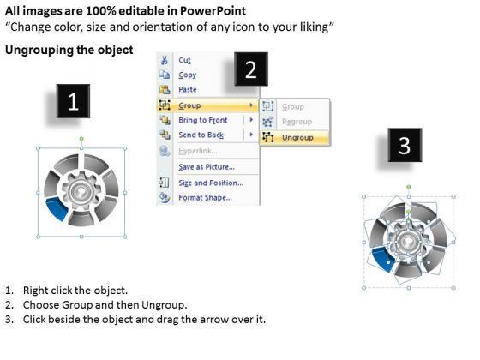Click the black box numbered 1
(x=73, y=101)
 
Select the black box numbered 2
(x=251, y=69)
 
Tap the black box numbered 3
(x=405, y=145)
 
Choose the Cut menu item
(x=184, y=60)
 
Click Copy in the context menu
(x=188, y=75)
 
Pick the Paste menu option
(x=188, y=90)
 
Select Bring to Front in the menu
(x=203, y=120)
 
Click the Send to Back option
(x=201, y=135)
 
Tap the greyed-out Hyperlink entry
(x=198, y=151)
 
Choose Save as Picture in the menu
(x=207, y=167)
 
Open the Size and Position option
(x=211, y=183)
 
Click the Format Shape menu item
(x=205, y=197)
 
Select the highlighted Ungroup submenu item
(x=297, y=137)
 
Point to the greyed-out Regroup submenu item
(x=297, y=122)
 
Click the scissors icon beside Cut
(x=165, y=60)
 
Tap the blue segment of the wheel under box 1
(x=57, y=208)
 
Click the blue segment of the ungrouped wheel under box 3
(x=382, y=259)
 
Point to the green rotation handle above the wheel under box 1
(x=81, y=139)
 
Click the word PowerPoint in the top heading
(x=213, y=11)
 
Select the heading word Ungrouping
(x=39, y=50)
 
